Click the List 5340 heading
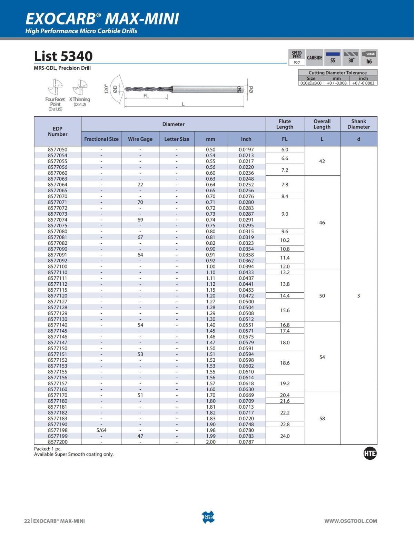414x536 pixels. pos(63,56)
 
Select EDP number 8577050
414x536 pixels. pos(58,149)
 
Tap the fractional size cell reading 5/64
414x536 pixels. pos(101,430)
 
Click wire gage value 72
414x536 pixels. pos(140,185)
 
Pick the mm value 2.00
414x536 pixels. pos(210,442)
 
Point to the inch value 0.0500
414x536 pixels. pos(246,302)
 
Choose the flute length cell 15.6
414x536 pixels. pos(285,310)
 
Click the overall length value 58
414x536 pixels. pos(322,418)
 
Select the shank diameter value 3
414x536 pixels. pos(358,296)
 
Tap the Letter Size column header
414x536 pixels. pos(177,139)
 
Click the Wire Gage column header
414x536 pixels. pos(140,139)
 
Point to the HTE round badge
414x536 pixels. pos(370,454)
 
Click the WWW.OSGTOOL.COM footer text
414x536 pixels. pos(351,521)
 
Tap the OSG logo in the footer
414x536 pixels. pos(208,517)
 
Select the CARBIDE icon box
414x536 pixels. pos(315,58)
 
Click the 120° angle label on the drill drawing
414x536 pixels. pos(107,89)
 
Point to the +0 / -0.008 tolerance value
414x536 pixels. pos(336,83)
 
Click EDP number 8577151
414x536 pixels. pos(58,354)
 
